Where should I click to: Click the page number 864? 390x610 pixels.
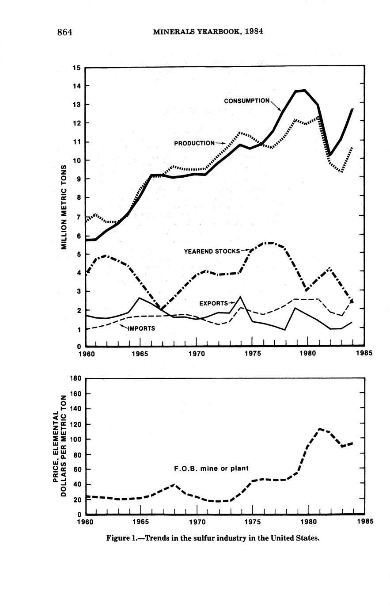pyautogui.click(x=64, y=32)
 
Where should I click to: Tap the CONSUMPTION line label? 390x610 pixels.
pyautogui.click(x=246, y=101)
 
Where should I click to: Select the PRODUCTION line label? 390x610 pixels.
pyautogui.click(x=194, y=143)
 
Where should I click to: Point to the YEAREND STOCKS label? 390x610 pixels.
pyautogui.click(x=212, y=252)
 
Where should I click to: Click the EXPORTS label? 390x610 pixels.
pyautogui.click(x=213, y=304)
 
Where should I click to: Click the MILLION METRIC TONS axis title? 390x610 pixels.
pyautogui.click(x=64, y=207)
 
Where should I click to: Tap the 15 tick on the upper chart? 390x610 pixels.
pyautogui.click(x=76, y=68)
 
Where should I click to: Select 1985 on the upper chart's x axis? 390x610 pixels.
pyautogui.click(x=363, y=354)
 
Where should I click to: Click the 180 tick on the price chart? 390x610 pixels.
pyautogui.click(x=76, y=378)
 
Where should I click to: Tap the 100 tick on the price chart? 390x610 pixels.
pyautogui.click(x=76, y=439)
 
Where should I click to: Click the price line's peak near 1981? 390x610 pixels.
pyautogui.click(x=319, y=429)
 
